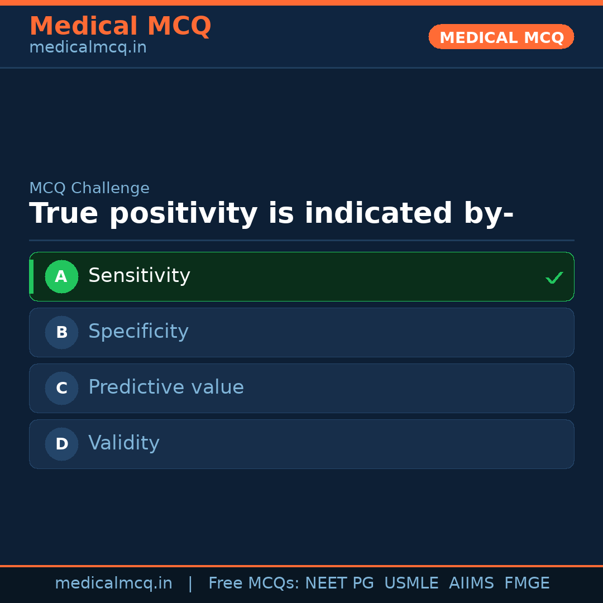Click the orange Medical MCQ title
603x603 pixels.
tap(121, 26)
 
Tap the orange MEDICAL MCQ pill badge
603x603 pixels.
tap(501, 36)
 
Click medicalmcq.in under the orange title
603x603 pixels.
tap(88, 47)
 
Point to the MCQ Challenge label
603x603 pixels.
tap(89, 188)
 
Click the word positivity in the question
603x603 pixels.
tap(184, 214)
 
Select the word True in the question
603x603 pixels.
tap(64, 213)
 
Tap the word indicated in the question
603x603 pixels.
tap(378, 213)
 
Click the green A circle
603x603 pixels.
tap(61, 276)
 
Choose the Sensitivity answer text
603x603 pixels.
tap(139, 276)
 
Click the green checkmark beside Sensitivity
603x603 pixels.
tap(554, 277)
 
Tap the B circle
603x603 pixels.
tap(61, 332)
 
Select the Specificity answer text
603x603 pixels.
tap(138, 332)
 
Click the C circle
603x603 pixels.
tap(61, 388)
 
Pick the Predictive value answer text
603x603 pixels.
tap(166, 387)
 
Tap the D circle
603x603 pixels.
tap(61, 444)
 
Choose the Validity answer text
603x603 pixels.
tap(124, 443)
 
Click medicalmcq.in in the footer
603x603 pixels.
tap(113, 583)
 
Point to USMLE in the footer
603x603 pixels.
tap(411, 583)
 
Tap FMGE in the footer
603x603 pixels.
tap(527, 583)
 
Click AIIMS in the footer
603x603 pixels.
tap(471, 583)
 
